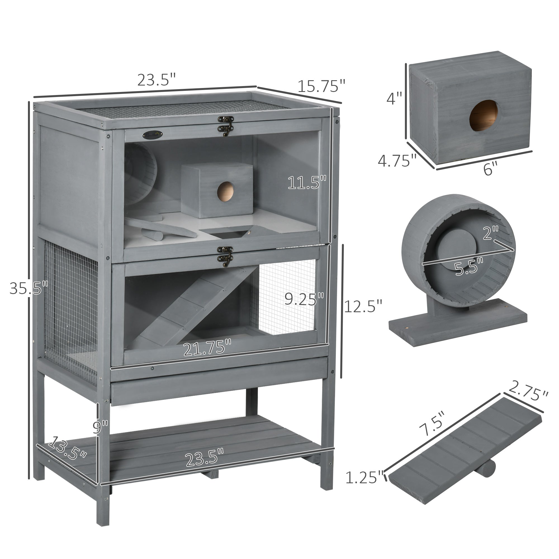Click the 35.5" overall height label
(28, 288)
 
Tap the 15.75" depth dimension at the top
(321, 86)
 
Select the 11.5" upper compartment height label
(307, 183)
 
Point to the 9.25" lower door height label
(304, 299)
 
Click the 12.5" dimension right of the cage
(363, 306)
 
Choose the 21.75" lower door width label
(207, 348)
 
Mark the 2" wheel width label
(491, 233)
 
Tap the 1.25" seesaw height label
(364, 477)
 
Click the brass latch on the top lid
(226, 125)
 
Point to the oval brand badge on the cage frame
(153, 134)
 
